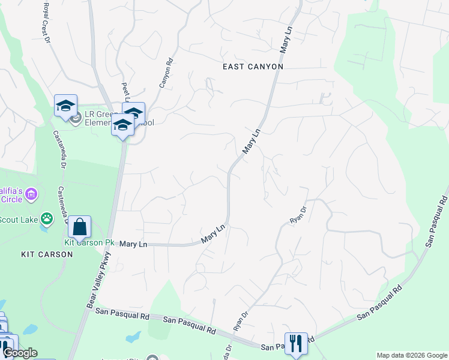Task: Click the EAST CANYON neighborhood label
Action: click(252, 67)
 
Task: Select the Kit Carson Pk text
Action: click(89, 243)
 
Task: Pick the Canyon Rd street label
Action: click(166, 73)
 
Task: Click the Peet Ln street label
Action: click(126, 92)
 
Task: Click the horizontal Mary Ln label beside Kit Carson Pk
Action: click(133, 244)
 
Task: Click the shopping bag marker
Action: click(79, 227)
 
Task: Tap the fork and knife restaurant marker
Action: click(296, 344)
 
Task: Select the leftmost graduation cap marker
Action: click(65, 106)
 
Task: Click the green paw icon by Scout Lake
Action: click(46, 218)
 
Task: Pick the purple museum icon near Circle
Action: click(32, 194)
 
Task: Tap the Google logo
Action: click(20, 353)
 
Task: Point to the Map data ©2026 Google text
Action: click(412, 355)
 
